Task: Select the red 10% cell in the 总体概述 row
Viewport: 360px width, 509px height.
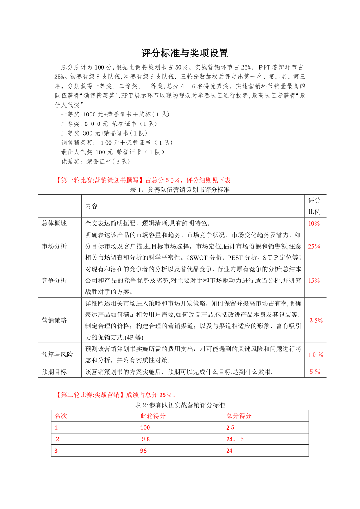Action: pyautogui.click(x=314, y=224)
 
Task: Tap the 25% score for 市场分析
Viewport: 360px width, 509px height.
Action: pyautogui.click(x=314, y=246)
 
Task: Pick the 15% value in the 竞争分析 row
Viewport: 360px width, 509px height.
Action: pyautogui.click(x=314, y=280)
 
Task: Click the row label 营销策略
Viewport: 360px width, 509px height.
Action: pyautogui.click(x=54, y=320)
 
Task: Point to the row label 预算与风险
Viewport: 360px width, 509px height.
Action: pyautogui.click(x=58, y=355)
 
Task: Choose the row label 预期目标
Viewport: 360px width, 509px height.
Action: pyautogui.click(x=54, y=372)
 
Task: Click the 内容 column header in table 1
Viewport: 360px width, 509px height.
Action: pyautogui.click(x=92, y=206)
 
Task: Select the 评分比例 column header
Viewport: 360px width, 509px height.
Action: pyautogui.click(x=314, y=206)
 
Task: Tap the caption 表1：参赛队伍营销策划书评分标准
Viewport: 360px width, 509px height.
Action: pyautogui.click(x=180, y=190)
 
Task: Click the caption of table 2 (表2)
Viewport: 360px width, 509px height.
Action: pyautogui.click(x=180, y=405)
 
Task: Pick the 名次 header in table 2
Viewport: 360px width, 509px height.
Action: pyautogui.click(x=61, y=416)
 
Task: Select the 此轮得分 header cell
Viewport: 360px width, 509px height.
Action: pyautogui.click(x=153, y=416)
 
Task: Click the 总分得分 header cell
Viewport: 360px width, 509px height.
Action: pyautogui.click(x=239, y=416)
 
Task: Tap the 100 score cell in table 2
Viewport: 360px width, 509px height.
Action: pyautogui.click(x=145, y=428)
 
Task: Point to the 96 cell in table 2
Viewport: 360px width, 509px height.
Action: pyautogui.click(x=144, y=450)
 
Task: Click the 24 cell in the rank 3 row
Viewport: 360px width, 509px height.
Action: pyautogui.click(x=229, y=450)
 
